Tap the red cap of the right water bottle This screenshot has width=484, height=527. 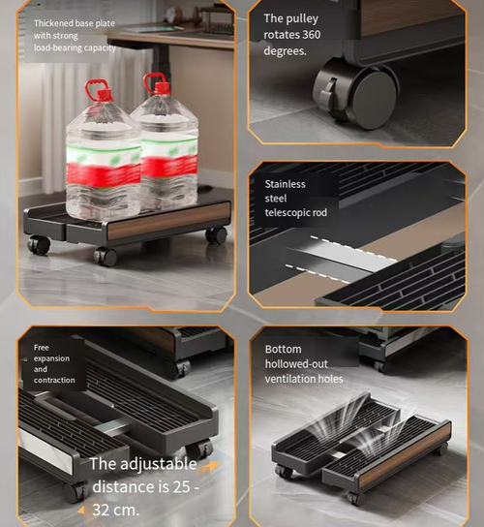point(154,83)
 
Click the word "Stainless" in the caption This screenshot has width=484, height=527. point(286,184)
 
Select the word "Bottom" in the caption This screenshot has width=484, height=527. point(283,349)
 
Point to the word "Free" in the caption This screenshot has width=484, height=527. point(41,347)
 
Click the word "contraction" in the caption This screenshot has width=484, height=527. point(54,380)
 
